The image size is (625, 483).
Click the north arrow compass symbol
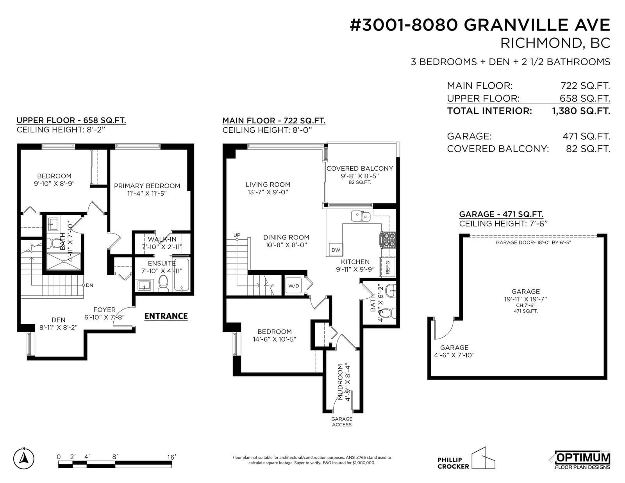(23, 458)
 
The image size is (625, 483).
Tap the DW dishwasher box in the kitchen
(336, 250)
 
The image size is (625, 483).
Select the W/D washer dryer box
(294, 286)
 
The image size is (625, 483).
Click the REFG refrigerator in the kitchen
(387, 267)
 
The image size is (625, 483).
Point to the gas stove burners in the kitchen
(388, 239)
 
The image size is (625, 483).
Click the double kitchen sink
(361, 216)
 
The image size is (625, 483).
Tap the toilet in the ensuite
(163, 283)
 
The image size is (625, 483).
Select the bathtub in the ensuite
(182, 275)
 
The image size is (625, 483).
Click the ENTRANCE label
(166, 316)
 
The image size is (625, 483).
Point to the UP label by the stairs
(237, 235)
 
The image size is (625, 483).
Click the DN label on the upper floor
(89, 285)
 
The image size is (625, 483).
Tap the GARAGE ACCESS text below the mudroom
(342, 422)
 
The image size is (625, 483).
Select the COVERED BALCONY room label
(360, 168)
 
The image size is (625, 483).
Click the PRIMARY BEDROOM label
(147, 186)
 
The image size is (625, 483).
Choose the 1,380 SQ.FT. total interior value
(581, 111)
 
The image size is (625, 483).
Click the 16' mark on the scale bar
(171, 457)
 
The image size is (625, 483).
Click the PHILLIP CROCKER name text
(453, 463)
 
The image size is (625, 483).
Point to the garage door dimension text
(533, 242)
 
